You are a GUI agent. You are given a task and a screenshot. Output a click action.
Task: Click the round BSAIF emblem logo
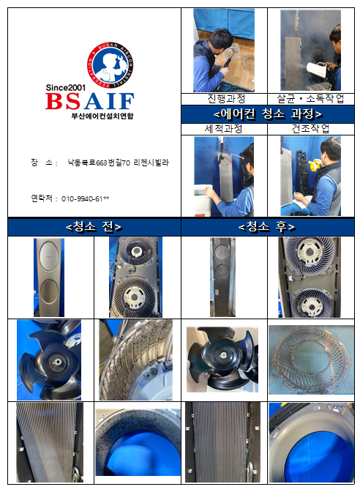[110, 66]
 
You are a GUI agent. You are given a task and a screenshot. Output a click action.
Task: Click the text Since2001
[66, 87]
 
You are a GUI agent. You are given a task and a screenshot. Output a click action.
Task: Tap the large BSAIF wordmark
[90, 101]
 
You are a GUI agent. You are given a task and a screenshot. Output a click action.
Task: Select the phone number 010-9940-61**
[85, 199]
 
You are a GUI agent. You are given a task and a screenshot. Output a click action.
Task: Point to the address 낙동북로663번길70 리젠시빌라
[119, 163]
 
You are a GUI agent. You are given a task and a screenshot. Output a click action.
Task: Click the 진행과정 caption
[226, 99]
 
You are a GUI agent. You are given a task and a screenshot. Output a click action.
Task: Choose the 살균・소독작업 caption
[310, 99]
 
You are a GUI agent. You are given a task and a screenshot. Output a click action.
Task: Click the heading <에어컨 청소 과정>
[268, 114]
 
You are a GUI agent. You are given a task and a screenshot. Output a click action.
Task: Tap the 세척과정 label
[223, 128]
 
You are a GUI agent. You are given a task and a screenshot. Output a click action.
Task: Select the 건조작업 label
[310, 128]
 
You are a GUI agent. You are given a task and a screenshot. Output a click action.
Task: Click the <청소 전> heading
[94, 227]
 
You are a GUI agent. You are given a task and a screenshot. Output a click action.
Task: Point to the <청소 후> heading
[267, 227]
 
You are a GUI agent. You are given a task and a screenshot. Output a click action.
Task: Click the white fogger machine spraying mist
[317, 70]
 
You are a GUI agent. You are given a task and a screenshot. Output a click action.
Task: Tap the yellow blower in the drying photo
[314, 165]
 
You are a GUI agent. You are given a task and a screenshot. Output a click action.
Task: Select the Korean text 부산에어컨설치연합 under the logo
[102, 116]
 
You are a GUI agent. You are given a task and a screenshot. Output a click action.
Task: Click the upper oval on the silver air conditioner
[49, 256]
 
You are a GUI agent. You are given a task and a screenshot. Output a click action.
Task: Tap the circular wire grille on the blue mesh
[311, 360]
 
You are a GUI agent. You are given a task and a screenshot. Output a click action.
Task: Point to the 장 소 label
[42, 163]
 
